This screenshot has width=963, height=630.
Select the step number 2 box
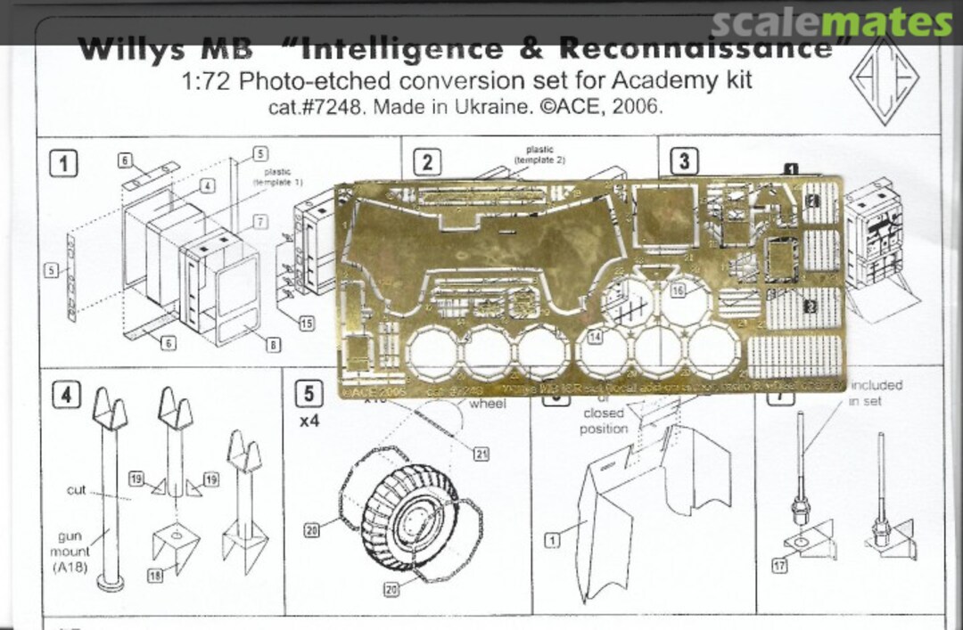428,162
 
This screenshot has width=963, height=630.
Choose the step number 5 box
309,393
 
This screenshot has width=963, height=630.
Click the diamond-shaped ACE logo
883,81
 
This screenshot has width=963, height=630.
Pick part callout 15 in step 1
306,323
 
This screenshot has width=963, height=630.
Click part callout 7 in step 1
259,220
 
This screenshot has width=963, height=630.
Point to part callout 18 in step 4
155,577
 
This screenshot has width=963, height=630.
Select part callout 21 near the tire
481,454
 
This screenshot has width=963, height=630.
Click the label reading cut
76,491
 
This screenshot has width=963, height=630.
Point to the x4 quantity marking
309,422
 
